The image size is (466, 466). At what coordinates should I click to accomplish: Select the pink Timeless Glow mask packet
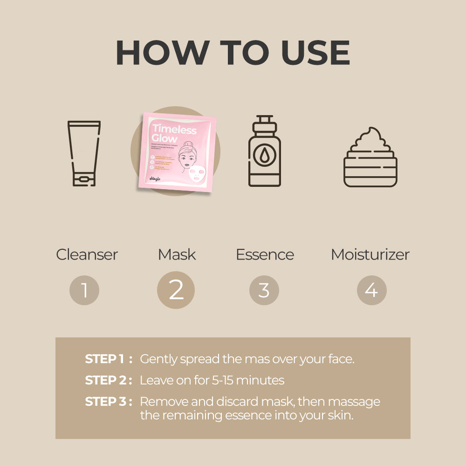point(176,152)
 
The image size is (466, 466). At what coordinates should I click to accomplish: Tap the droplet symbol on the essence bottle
point(265,155)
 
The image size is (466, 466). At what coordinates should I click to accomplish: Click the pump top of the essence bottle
point(264,123)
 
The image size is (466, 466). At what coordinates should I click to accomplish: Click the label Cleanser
point(87,254)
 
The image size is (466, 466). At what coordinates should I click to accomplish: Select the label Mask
point(177,254)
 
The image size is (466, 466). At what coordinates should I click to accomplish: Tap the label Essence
point(265,254)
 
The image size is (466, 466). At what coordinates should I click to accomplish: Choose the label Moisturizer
point(370,254)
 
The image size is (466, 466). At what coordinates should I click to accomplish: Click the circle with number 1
point(84,290)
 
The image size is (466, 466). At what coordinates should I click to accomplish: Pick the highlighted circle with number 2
point(176,290)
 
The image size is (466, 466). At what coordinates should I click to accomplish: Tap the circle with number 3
point(264,290)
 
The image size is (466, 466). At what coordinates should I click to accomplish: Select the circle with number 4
point(371,290)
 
